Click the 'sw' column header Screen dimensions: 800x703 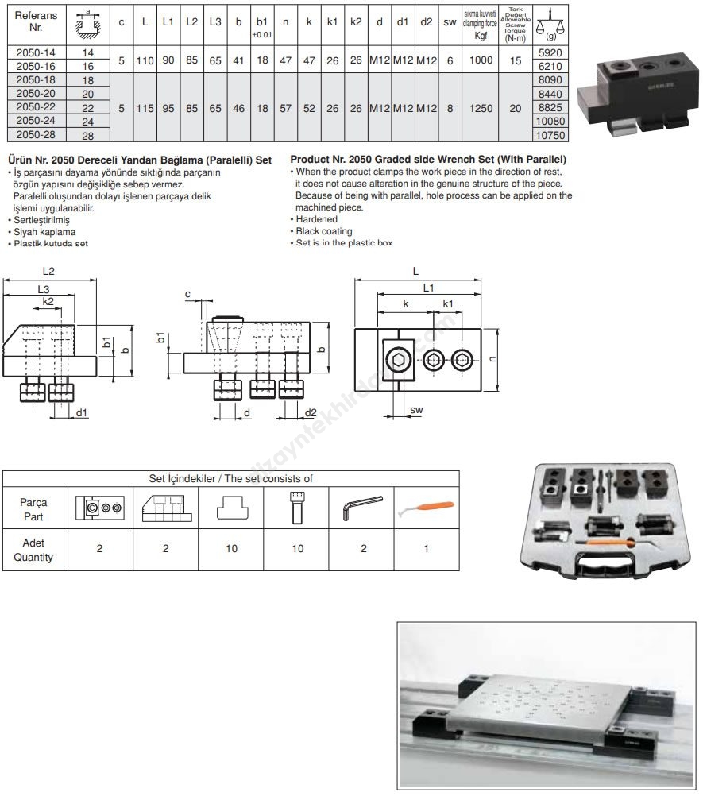coord(450,21)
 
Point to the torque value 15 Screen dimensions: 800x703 coord(516,60)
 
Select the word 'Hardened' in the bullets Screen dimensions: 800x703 coord(317,219)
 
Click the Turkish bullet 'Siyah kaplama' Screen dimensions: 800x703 coord(43,231)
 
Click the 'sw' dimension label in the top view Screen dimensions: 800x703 coord(415,410)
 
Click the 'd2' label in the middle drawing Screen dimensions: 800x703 coord(311,412)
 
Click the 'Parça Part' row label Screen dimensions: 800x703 coord(33,508)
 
